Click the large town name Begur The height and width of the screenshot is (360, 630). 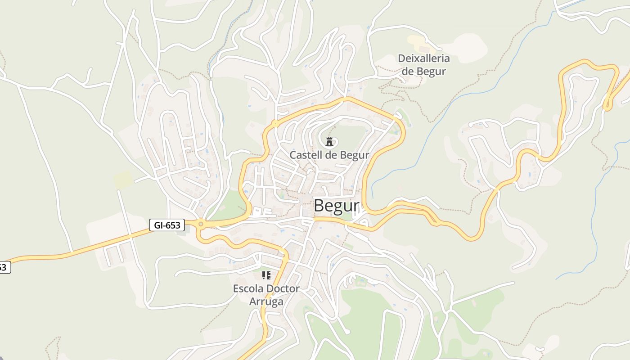click(x=337, y=206)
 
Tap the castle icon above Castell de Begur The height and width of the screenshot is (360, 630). click(x=329, y=141)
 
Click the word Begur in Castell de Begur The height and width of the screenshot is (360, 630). click(x=354, y=155)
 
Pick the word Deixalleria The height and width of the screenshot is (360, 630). click(x=423, y=58)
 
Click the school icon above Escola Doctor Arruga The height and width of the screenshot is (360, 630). click(x=266, y=275)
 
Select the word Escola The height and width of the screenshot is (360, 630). click(x=248, y=288)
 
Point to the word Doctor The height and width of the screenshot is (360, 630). click(x=283, y=288)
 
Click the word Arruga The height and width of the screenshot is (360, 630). click(x=266, y=301)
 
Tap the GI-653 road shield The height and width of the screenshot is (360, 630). click(x=167, y=225)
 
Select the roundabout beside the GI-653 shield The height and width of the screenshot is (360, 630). click(x=201, y=224)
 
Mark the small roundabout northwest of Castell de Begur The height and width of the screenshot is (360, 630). click(x=275, y=123)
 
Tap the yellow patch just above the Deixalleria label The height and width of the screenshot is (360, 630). click(x=418, y=43)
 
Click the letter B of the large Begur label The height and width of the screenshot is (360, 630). click(x=319, y=206)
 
